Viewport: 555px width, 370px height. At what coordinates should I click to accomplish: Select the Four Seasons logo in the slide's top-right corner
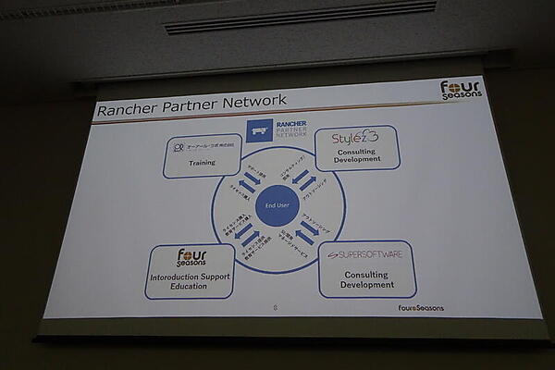460,90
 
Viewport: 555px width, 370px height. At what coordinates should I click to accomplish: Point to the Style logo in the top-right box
356,138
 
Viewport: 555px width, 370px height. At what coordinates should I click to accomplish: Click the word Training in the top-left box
202,163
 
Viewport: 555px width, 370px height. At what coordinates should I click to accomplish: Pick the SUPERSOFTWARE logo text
366,253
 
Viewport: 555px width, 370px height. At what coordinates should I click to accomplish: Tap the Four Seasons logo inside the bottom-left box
192,257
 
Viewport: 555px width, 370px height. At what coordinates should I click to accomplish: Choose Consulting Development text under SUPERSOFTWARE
367,279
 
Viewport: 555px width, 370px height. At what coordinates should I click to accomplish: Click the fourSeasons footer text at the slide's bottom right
421,308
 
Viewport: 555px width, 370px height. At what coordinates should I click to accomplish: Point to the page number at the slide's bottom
275,307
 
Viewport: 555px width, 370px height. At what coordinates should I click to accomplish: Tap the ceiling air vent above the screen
300,17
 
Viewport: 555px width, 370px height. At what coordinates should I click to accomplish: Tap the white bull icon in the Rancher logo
260,130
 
